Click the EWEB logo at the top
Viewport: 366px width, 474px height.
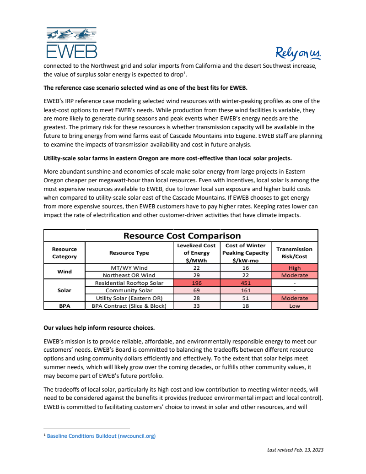click(72, 43)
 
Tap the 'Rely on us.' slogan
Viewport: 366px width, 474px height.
click(298, 54)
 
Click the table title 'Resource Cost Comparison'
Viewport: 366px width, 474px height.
click(182, 236)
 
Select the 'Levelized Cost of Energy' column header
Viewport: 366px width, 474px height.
click(196, 253)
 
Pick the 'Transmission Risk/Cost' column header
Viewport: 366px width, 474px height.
click(294, 253)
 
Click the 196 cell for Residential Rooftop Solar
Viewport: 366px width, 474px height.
click(196, 283)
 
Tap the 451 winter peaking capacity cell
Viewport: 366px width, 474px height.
click(245, 283)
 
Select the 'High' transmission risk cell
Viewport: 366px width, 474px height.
click(294, 268)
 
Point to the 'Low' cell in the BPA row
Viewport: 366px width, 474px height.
click(294, 305)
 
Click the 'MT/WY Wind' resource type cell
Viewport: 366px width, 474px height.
click(129, 268)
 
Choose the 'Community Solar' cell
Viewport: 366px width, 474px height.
click(129, 290)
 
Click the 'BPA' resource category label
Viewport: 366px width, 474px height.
click(65, 305)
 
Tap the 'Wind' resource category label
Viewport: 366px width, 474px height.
click(65, 272)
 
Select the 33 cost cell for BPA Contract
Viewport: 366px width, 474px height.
click(196, 305)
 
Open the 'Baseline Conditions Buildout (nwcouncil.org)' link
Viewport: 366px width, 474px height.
click(101, 436)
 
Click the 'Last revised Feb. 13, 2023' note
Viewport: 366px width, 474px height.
click(295, 450)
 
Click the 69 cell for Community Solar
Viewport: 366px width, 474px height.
click(196, 290)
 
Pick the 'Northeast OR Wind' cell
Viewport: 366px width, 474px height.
click(129, 275)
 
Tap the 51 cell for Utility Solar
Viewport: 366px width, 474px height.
click(245, 298)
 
